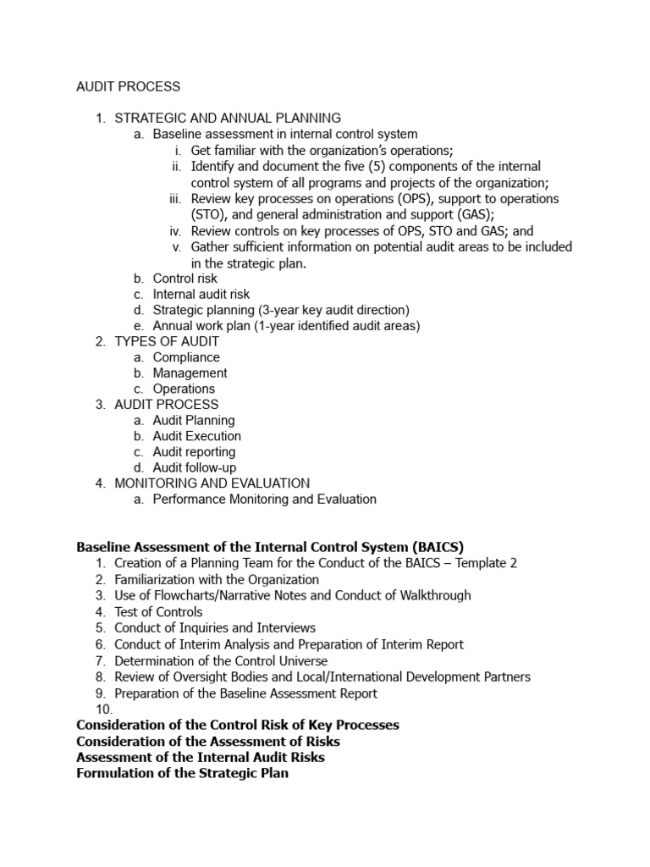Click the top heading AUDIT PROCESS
click(128, 86)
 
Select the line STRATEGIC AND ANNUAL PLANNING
click(228, 118)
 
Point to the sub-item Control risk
click(185, 278)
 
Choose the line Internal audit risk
click(201, 294)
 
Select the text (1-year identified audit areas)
click(330, 326)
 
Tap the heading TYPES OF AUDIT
click(167, 341)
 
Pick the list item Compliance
click(186, 357)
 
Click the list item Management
click(190, 373)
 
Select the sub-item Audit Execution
click(196, 436)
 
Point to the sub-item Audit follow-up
click(195, 467)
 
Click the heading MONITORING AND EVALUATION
click(212, 483)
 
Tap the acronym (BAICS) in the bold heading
click(436, 547)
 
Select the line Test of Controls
click(158, 611)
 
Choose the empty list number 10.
click(103, 709)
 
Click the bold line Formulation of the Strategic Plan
click(182, 773)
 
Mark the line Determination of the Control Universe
click(221, 660)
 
